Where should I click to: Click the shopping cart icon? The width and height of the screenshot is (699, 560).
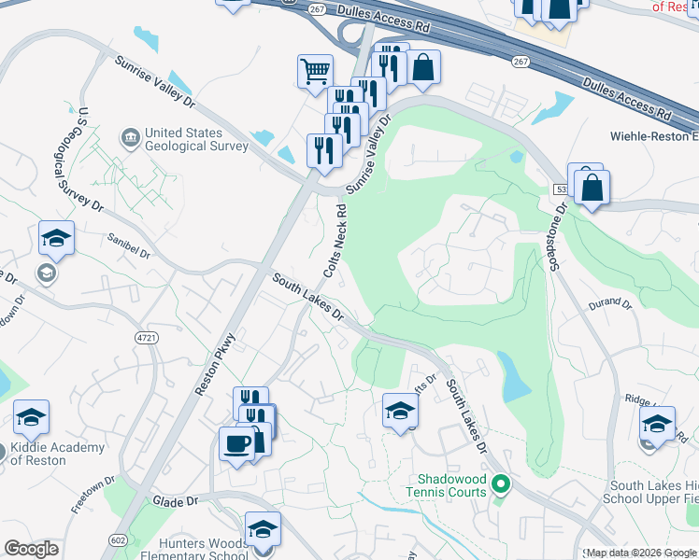click(x=315, y=70)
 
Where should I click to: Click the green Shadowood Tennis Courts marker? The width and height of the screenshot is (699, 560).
click(x=501, y=483)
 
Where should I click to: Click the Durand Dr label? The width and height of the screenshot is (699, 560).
click(x=611, y=304)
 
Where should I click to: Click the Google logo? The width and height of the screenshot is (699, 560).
click(x=31, y=549)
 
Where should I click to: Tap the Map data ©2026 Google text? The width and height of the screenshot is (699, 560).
click(x=640, y=553)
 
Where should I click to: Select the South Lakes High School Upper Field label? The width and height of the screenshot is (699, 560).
click(x=653, y=492)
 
